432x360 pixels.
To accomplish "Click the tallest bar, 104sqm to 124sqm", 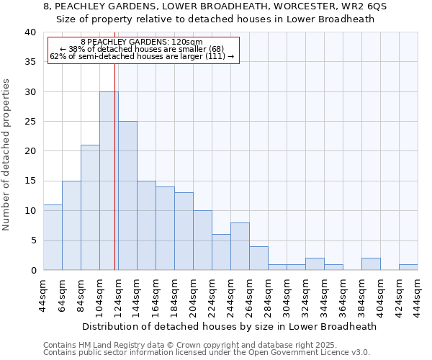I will click(109, 181).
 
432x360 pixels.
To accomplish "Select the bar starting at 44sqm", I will click(53, 237).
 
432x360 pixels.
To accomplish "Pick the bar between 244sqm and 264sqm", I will click(240, 246).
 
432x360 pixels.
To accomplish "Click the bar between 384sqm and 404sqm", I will click(371, 264).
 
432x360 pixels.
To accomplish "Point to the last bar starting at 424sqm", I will click(408, 267).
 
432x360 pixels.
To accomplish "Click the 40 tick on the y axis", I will click(30, 32).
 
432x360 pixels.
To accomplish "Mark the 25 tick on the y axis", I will click(30, 122).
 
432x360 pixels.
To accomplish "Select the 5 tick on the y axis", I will click(33, 240).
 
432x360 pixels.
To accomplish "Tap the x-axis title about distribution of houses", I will click(230, 326).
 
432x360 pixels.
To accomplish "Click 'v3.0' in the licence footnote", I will click(360, 353).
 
